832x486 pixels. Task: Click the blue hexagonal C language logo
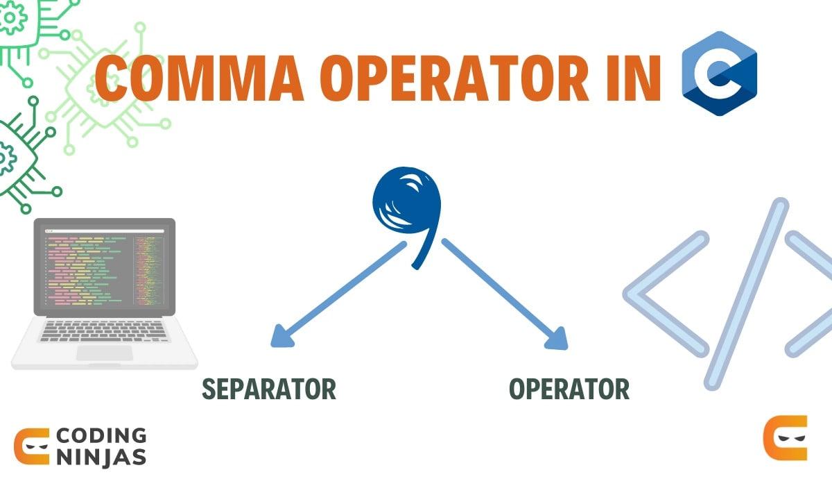point(719,73)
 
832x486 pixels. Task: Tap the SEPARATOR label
point(269,389)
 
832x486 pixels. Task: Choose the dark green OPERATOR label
point(569,389)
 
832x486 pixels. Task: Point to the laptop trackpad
point(104,352)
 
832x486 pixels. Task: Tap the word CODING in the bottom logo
point(101,436)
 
